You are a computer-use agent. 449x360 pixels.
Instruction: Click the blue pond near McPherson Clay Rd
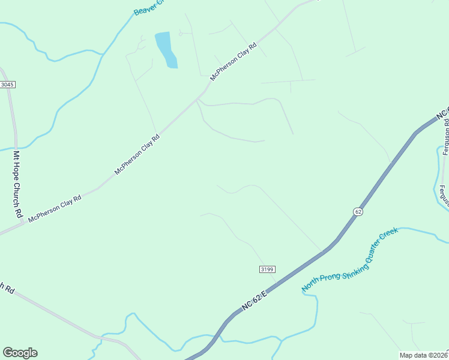tap(166, 49)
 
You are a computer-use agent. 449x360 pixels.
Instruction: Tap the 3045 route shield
tap(7, 85)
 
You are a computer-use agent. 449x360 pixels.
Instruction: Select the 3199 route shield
tap(268, 269)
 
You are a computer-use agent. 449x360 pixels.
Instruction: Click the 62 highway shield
tap(358, 211)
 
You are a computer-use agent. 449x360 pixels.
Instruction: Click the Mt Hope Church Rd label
tap(18, 184)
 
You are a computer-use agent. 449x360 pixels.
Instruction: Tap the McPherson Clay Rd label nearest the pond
tap(233, 61)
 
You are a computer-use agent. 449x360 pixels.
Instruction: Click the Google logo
tap(20, 353)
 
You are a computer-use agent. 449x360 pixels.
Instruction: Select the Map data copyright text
tap(423, 355)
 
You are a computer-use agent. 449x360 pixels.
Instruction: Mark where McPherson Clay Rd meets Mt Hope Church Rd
tap(23, 223)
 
